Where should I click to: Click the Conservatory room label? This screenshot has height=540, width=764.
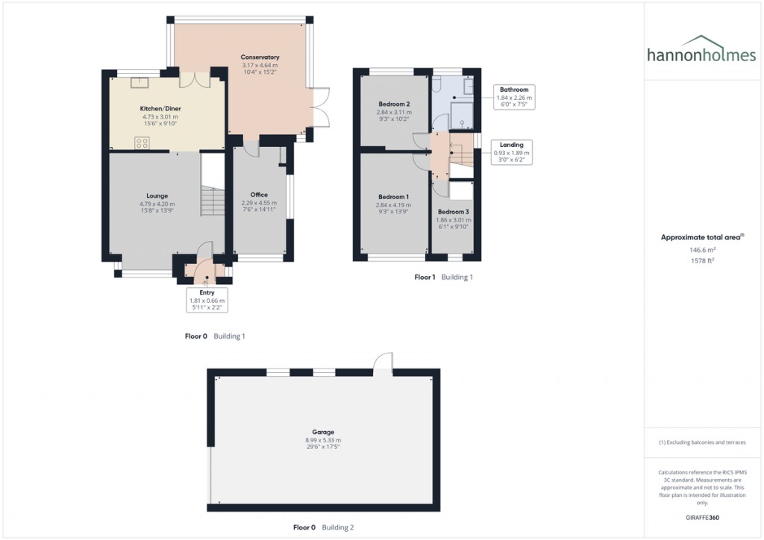260,57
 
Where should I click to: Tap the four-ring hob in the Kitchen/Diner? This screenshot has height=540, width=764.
142,142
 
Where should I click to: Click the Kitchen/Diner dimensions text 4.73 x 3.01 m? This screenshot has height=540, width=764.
161,117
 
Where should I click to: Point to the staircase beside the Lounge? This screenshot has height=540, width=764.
213,200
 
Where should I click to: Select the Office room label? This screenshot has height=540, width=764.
259,195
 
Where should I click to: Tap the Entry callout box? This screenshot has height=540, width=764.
207,300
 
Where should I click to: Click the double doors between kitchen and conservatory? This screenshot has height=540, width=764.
188,78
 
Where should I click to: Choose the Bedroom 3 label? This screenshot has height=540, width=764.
454,213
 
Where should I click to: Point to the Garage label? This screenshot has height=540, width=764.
323,432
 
